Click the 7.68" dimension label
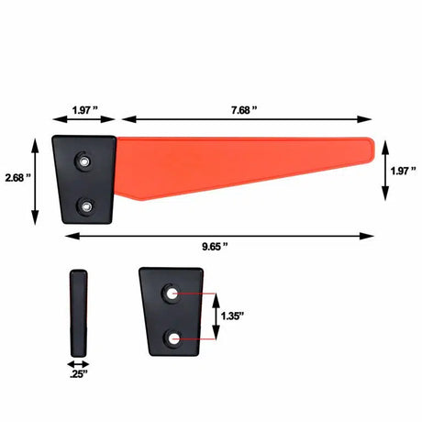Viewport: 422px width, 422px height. coord(244,110)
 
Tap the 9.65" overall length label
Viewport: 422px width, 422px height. coord(215,247)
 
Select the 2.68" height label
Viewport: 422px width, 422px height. coord(18,178)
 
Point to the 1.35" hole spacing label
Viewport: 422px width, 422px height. coord(232,316)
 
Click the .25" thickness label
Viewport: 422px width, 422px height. coord(79,373)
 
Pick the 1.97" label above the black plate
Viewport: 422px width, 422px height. coord(85,110)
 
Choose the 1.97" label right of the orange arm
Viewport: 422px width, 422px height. coord(404,171)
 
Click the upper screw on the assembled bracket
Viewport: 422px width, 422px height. coord(84,161)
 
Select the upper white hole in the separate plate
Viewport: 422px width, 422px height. coord(171,294)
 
